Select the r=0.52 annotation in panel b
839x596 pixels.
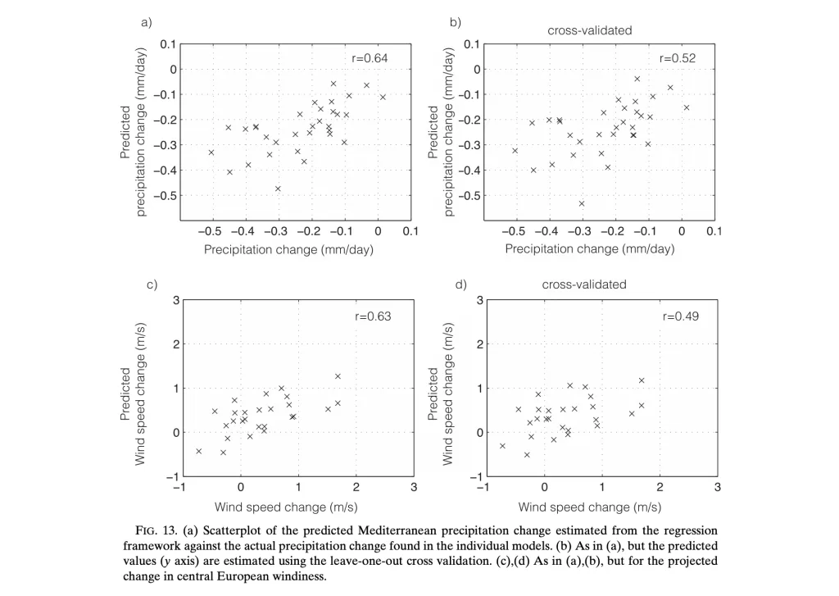[x=678, y=58]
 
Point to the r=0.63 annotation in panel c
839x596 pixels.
[x=373, y=316]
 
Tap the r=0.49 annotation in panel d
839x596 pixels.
[x=679, y=316]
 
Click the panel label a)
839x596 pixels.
[x=147, y=22]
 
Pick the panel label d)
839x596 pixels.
[x=460, y=284]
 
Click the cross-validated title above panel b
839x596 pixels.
[x=589, y=31]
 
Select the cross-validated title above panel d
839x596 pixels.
[x=584, y=284]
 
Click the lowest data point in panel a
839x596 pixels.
[x=278, y=189]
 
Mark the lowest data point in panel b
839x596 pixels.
[x=582, y=203]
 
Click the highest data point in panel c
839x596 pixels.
[x=338, y=376]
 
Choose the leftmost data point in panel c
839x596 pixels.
[x=198, y=451]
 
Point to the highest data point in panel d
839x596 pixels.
[x=642, y=380]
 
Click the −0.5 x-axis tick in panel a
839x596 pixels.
[x=211, y=230]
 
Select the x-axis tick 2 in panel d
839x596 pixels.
[x=660, y=487]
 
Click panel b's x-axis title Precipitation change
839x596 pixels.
[x=589, y=248]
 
